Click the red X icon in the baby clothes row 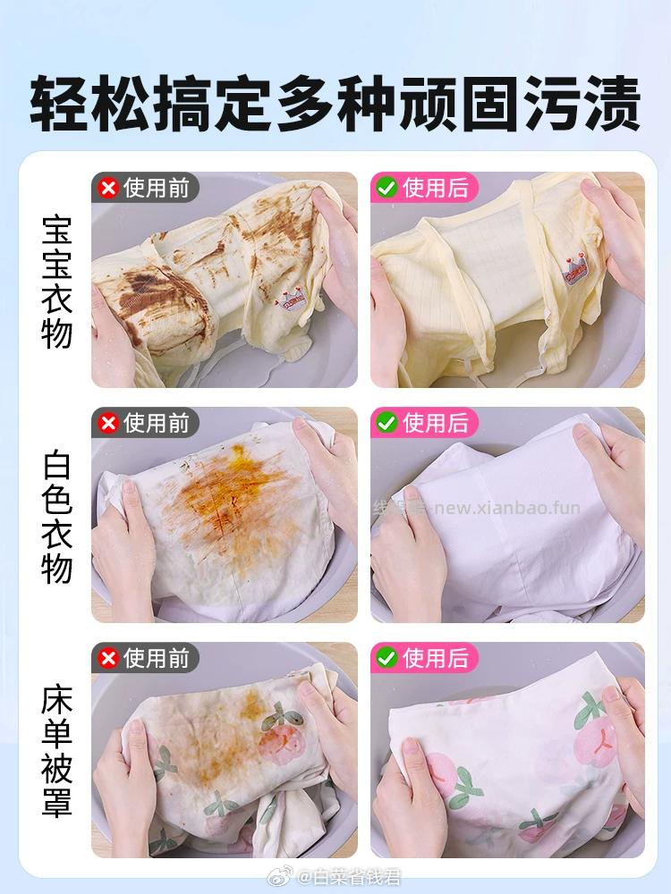coord(109,188)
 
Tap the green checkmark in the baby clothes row coord(387,188)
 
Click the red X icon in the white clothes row coord(109,423)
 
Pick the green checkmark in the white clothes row coord(387,423)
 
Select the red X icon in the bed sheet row coord(109,659)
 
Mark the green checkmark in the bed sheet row coord(387,659)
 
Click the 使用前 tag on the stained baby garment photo coord(157,188)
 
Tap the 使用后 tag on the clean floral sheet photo coord(435,659)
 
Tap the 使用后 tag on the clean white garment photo coord(435,423)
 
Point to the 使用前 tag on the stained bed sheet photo coord(157,659)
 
